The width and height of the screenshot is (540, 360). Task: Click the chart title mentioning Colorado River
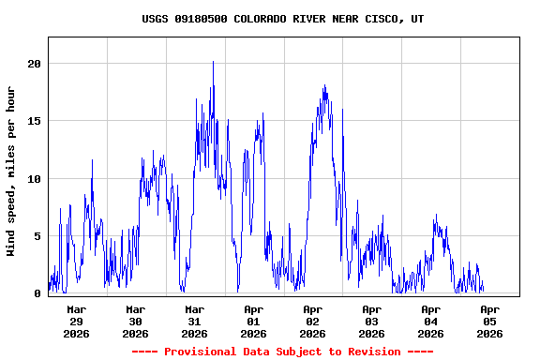point(283,19)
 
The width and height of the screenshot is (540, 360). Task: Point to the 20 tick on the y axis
point(35,64)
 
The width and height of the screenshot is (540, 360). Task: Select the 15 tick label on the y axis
point(35,121)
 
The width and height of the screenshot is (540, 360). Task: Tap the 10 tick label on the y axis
point(35,179)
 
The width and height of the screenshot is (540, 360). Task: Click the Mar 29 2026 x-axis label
point(77,321)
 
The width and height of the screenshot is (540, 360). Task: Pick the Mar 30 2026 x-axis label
point(136,321)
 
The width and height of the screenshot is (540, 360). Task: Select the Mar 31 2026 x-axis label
point(195,321)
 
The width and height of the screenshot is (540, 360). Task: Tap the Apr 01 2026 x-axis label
point(254,321)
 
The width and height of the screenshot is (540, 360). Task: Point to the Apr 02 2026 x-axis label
point(313,321)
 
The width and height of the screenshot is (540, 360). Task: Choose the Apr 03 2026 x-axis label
point(372,321)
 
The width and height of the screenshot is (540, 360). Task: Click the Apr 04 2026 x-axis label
point(431,321)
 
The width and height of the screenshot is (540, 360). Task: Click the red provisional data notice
point(283,352)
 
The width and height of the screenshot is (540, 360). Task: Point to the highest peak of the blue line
point(213,62)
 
